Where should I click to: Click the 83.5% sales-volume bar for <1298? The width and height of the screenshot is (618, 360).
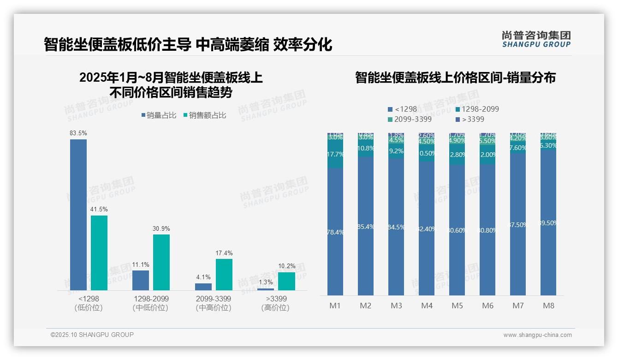pyautogui.click(x=78, y=215)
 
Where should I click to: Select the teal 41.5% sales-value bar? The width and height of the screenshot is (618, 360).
pyautogui.click(x=99, y=253)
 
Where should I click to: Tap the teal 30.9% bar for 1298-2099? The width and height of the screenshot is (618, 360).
pyautogui.click(x=161, y=262)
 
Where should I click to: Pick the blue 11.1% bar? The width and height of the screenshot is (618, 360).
pyautogui.click(x=141, y=280)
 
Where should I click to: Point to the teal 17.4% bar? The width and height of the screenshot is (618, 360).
pyautogui.click(x=224, y=274)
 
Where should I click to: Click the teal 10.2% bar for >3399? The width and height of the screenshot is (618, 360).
pyautogui.click(x=286, y=281)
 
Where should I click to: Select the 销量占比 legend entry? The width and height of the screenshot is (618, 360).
pyautogui.click(x=159, y=115)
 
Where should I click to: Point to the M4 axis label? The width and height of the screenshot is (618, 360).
pyautogui.click(x=427, y=306)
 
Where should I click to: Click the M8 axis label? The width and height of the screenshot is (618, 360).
pyautogui.click(x=548, y=306)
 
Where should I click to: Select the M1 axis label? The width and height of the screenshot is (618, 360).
pyautogui.click(x=335, y=306)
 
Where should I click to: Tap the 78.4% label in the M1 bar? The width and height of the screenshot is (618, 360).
pyautogui.click(x=335, y=232)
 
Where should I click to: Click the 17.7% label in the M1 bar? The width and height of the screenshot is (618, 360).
pyautogui.click(x=335, y=154)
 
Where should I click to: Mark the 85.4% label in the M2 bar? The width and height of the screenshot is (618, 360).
pyautogui.click(x=366, y=227)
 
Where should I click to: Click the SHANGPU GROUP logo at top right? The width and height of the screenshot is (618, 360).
pyautogui.click(x=536, y=39)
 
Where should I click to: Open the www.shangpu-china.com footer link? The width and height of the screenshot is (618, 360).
pyautogui.click(x=537, y=335)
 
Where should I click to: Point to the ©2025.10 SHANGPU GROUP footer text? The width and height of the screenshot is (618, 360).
pyautogui.click(x=92, y=335)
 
